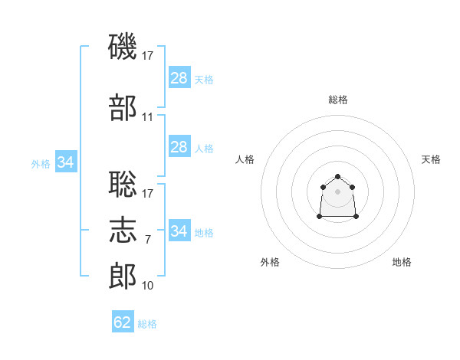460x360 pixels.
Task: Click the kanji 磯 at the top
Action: click(123, 46)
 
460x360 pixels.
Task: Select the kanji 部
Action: click(123, 107)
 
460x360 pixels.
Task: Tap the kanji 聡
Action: click(123, 184)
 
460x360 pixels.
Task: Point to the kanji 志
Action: click(123, 230)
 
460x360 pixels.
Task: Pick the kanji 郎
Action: click(123, 276)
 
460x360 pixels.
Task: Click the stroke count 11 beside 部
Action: click(147, 117)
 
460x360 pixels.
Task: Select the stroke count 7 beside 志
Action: click(148, 240)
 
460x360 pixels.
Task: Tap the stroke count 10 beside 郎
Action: click(147, 286)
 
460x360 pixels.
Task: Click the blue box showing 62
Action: click(123, 321)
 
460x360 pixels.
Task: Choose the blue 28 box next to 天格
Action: click(179, 77)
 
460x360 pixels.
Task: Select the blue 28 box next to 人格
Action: click(179, 146)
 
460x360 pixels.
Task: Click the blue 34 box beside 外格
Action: click(66, 162)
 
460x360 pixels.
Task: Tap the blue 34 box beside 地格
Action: click(179, 230)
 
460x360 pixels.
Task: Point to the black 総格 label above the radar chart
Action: click(338, 100)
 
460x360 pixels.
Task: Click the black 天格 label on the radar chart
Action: click(431, 159)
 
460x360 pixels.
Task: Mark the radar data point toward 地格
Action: click(356, 216)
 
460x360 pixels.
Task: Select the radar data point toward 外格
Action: click(320, 216)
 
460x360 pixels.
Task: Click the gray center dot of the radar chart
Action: click(337, 191)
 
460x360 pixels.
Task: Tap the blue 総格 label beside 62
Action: click(147, 324)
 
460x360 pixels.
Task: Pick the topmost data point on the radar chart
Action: click(337, 176)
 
